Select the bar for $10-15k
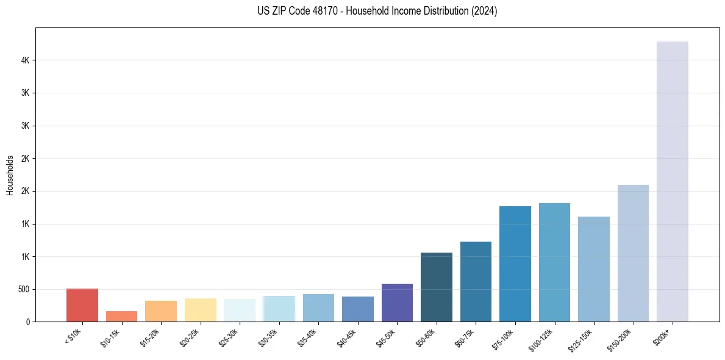[121, 316]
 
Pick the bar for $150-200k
[633, 253]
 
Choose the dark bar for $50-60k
[437, 287]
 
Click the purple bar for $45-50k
[397, 303]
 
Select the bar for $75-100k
[515, 264]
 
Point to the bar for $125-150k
[594, 269]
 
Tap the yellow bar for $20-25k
[201, 310]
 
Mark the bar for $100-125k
[554, 262]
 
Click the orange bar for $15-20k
[161, 311]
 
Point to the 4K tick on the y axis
[26, 60]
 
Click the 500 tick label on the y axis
[24, 289]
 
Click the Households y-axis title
[10, 175]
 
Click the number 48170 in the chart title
[324, 12]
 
